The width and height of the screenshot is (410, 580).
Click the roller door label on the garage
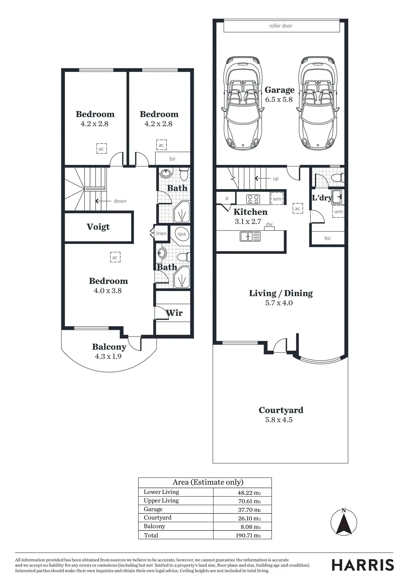[x=280, y=26]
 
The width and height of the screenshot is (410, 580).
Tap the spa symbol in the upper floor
[x=182, y=234]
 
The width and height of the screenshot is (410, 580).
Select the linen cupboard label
[x=161, y=233]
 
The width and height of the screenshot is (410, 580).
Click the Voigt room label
[x=98, y=227]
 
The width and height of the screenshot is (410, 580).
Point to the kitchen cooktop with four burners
[x=253, y=199]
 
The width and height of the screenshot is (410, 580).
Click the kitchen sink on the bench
[x=250, y=237]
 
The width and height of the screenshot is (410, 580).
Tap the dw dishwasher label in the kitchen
[x=269, y=224]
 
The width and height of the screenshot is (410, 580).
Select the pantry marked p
[x=227, y=198]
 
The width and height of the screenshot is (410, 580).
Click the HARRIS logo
[x=363, y=565]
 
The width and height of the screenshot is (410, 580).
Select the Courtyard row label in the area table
[x=157, y=518]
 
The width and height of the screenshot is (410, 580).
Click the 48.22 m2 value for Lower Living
[x=249, y=493]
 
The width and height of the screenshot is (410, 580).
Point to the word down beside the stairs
[x=120, y=201]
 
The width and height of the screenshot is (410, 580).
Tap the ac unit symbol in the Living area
[x=297, y=209]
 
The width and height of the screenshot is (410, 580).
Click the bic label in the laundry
[x=328, y=238]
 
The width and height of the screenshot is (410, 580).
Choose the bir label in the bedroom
[x=172, y=159]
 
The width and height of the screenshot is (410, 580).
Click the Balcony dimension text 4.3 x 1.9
[x=108, y=357]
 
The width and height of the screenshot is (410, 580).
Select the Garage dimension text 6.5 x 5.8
[x=279, y=99]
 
